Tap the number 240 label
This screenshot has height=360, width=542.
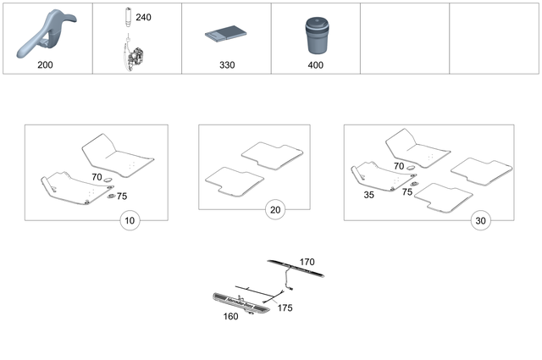point(144,17)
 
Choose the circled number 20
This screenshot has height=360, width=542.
point(274,209)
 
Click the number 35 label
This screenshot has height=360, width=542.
point(368,194)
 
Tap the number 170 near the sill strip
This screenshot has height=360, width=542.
point(307,263)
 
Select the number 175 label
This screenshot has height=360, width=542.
point(285,308)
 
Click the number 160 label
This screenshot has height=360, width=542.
point(230,317)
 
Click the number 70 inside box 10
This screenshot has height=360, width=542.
point(97,178)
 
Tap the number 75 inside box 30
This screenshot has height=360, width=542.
point(407,192)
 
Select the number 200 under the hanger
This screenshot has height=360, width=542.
point(47,64)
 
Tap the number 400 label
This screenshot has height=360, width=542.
point(316,64)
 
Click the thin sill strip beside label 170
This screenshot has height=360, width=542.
point(296,269)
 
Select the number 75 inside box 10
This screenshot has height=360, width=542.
point(122,196)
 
